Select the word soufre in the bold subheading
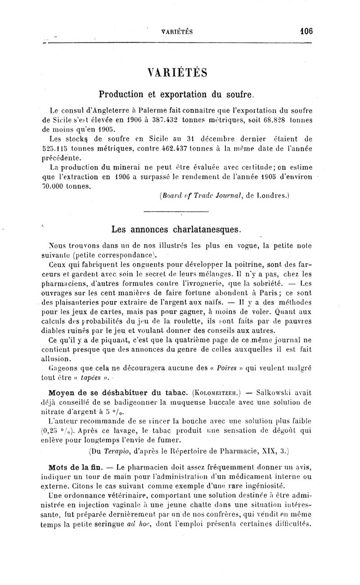240,95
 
